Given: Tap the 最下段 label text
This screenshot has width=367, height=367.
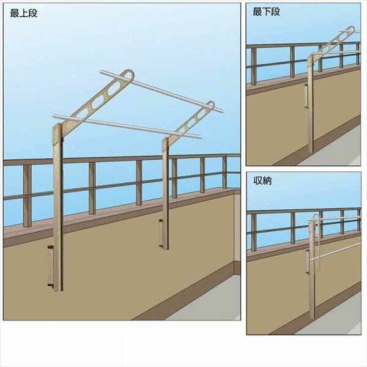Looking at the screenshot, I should [267, 11].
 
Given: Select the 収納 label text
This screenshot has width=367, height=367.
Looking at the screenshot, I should [262, 182].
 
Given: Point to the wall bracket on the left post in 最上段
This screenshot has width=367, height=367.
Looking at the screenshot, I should [49, 267].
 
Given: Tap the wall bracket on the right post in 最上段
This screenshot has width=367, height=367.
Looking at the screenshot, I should [161, 234].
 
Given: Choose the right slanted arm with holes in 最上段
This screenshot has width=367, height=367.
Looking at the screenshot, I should [190, 121].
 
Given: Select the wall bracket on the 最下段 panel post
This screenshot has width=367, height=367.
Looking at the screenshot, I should [305, 98].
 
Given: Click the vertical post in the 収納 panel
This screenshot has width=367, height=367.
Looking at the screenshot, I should [312, 275].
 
